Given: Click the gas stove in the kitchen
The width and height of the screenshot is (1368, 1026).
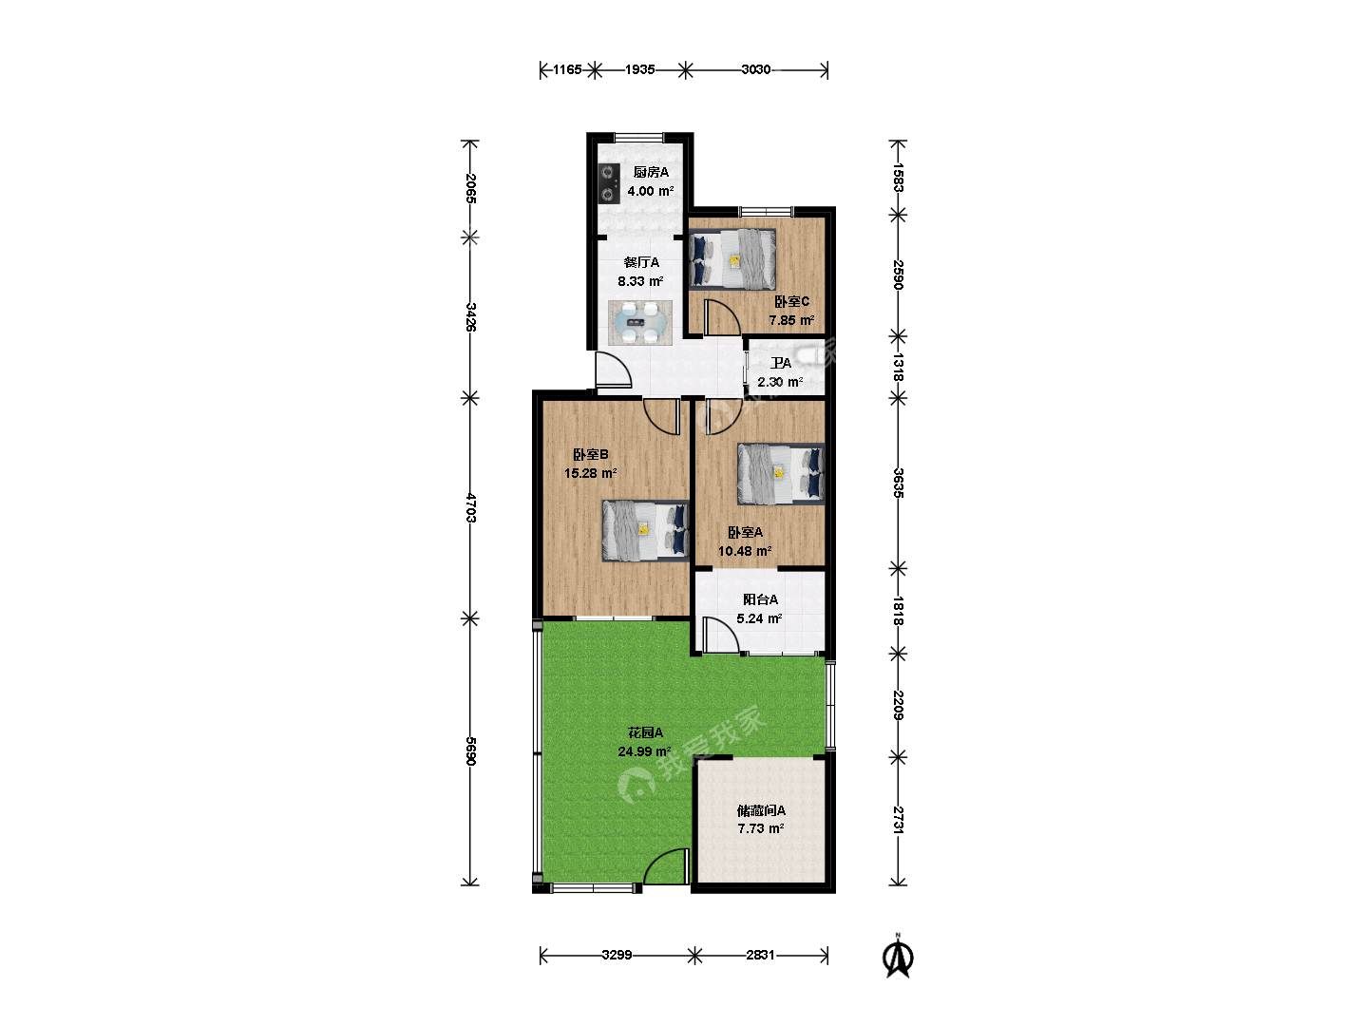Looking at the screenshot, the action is coord(609,183).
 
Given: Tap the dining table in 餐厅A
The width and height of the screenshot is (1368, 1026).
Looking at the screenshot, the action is coord(640,323).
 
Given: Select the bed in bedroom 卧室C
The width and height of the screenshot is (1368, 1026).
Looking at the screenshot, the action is coord(732,259).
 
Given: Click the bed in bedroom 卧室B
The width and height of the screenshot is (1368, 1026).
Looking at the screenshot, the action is coord(646,531).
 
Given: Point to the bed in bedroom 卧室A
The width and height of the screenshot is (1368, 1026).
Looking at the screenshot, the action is coord(781,473).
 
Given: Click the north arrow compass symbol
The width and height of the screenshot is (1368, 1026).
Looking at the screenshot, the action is coord(898,957).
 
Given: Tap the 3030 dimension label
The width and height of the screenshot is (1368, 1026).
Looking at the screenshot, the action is coord(756,69).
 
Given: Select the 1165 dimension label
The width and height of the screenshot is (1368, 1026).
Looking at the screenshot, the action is coord(567,69).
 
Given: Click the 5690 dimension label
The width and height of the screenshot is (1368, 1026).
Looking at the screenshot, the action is coord(471,751).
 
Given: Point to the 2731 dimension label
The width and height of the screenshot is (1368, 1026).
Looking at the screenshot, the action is coord(898,820).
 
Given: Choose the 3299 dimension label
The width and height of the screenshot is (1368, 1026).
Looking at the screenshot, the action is coord(617,955).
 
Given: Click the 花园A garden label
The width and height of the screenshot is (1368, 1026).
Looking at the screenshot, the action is coord(645,732).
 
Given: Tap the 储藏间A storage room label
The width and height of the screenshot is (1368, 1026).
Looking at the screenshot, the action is coord(761,810).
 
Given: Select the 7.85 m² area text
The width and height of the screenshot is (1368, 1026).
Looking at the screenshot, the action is coord(791,320).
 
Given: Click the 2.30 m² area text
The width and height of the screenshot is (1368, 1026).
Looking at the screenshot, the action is coord(780,382).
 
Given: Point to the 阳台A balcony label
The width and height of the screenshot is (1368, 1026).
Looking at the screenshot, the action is coord(760,599).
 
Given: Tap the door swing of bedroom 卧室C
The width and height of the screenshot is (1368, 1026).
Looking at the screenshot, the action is coord(722,318).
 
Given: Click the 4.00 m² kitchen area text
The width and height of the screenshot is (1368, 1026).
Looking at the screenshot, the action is coord(651,191).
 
